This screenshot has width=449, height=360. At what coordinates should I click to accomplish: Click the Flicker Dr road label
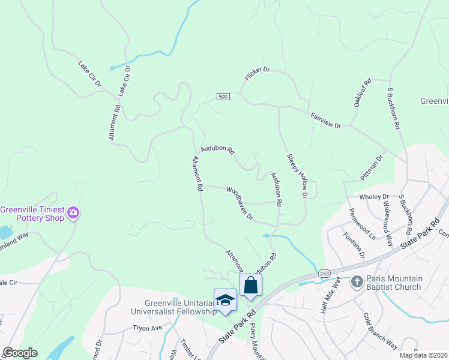258,74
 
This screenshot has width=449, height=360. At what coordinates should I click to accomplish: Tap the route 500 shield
223,97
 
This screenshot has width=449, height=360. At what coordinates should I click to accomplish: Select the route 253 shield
324,272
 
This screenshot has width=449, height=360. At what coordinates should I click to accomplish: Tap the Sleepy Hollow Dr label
297,175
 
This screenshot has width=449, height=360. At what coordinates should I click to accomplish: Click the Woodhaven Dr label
240,203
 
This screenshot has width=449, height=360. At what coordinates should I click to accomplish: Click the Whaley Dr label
374,197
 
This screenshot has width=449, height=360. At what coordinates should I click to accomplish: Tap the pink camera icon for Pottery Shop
73,212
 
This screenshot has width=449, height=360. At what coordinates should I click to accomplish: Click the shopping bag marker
250,285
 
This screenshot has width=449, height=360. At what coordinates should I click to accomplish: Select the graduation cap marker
225,299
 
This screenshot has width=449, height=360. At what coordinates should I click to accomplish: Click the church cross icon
357,281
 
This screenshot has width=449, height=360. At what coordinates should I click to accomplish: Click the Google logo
19,353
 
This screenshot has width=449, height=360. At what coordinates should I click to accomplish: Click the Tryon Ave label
148,328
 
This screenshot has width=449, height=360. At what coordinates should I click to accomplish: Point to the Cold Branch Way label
380,331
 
